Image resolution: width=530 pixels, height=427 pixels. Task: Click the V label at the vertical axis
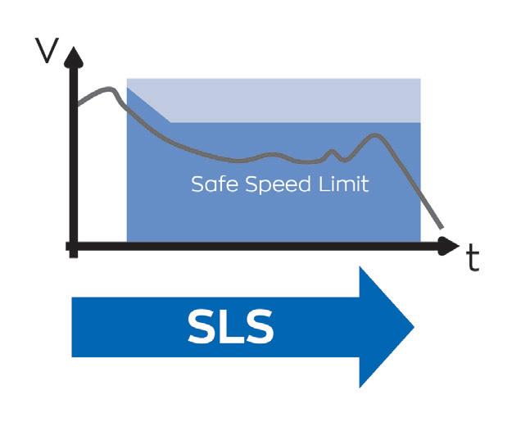click(48, 51)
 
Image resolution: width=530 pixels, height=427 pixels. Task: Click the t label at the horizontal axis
click(473, 258)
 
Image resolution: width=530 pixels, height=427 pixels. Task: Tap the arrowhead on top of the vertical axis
click(73, 56)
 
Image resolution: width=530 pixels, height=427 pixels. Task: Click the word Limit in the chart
click(342, 184)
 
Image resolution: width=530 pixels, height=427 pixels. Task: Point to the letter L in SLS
click(231, 327)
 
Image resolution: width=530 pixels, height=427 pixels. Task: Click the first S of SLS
click(201, 327)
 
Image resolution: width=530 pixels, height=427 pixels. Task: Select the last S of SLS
click(259, 327)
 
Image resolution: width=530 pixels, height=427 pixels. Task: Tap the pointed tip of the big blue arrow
click(412, 327)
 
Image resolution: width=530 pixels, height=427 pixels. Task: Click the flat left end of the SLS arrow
click(75, 327)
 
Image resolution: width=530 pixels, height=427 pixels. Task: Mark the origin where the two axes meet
click(74, 245)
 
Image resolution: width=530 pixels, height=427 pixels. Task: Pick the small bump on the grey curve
click(332, 152)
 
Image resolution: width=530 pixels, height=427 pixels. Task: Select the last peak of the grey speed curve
click(375, 135)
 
